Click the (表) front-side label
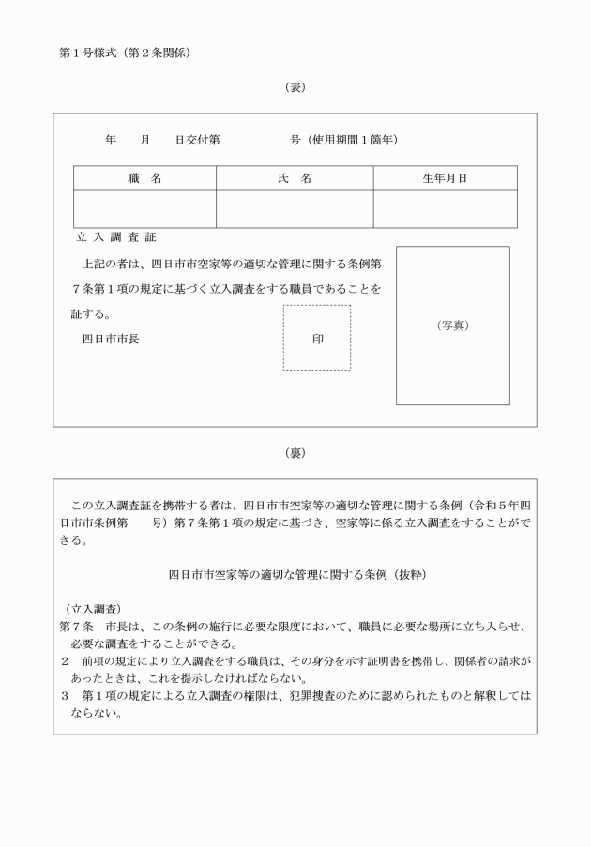(x=295, y=87)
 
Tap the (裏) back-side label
(x=295, y=452)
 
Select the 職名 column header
(x=144, y=178)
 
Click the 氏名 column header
(x=295, y=178)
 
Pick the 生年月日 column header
(x=445, y=178)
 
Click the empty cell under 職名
(x=144, y=208)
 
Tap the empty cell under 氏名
(x=295, y=208)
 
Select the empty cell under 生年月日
(x=445, y=208)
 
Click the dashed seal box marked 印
(x=317, y=338)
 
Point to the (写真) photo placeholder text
(x=452, y=325)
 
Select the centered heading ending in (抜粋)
(x=295, y=572)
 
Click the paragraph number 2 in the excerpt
(x=64, y=661)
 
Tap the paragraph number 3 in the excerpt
(x=64, y=696)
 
